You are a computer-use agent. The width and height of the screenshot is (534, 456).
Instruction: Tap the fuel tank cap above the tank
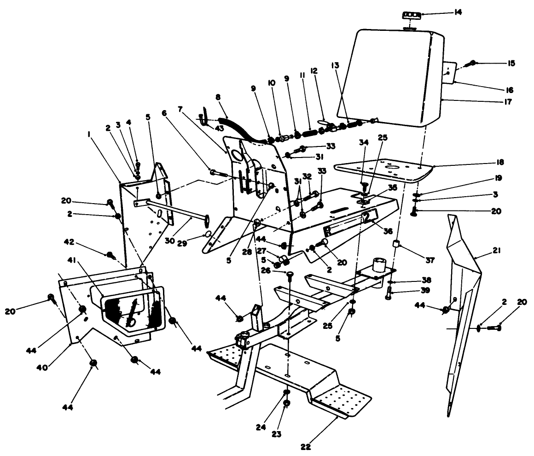click(409, 16)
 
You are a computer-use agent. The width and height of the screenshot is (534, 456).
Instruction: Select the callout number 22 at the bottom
click(306, 446)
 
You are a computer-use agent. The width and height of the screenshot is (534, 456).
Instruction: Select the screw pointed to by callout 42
click(110, 254)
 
